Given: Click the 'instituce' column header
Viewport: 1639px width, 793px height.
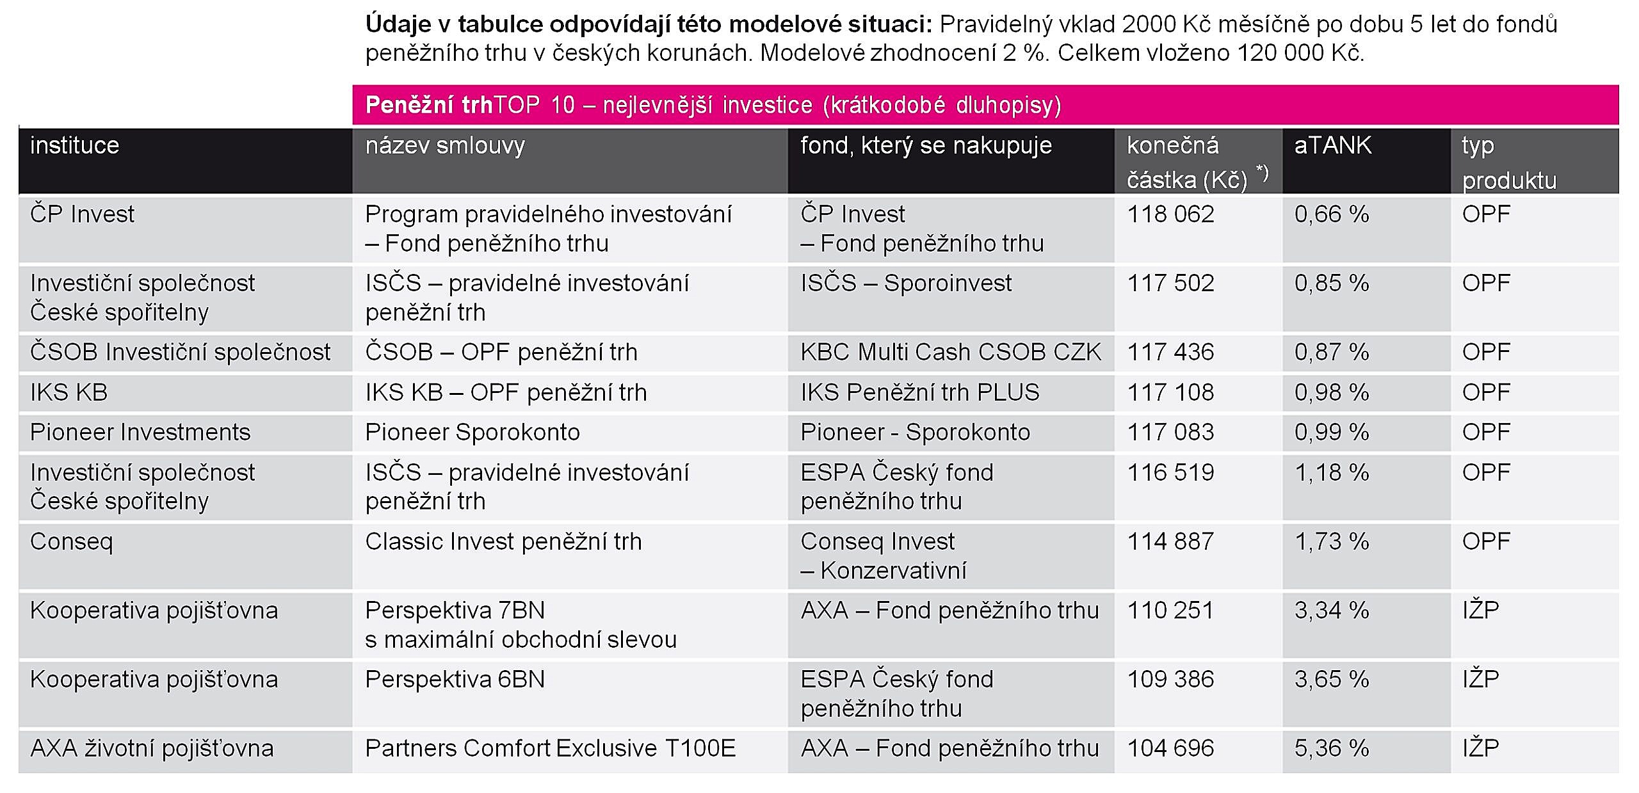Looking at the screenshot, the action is coord(74,145).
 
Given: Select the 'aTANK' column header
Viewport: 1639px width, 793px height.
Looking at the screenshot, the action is coord(1332,145).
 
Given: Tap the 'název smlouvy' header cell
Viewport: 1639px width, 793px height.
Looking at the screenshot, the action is coord(445,146).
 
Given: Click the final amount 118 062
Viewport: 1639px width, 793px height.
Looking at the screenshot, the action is coord(1170,214).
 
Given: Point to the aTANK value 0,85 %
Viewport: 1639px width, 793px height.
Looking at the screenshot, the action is coord(1332,283).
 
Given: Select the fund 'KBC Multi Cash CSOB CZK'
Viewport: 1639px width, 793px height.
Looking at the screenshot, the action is coord(951,352).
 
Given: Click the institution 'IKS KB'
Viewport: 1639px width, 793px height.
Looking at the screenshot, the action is coord(69,392).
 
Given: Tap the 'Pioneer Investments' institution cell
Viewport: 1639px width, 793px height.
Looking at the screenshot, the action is coord(140,432).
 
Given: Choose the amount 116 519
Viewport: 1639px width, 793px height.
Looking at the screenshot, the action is coord(1170,472).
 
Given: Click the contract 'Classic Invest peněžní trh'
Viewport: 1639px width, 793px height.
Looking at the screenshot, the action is coord(503,541).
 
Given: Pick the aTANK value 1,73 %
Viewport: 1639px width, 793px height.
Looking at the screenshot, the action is coord(1332,541).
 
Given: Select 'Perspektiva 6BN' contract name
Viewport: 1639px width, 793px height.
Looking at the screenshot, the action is coord(455,679).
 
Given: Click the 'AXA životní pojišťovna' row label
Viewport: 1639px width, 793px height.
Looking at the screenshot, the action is coord(152,748).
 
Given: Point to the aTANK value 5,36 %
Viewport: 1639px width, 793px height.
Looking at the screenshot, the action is coord(1332,748).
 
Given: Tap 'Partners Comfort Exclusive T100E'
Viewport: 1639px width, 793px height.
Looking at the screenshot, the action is coord(551,748).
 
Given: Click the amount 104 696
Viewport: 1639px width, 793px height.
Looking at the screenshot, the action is coord(1170,748).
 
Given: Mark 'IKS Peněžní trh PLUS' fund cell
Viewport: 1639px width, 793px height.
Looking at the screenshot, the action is coord(920,392).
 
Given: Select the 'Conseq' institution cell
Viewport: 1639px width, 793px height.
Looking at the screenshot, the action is coord(71,542).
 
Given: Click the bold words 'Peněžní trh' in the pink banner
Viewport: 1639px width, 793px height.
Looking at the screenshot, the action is coord(428,105).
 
